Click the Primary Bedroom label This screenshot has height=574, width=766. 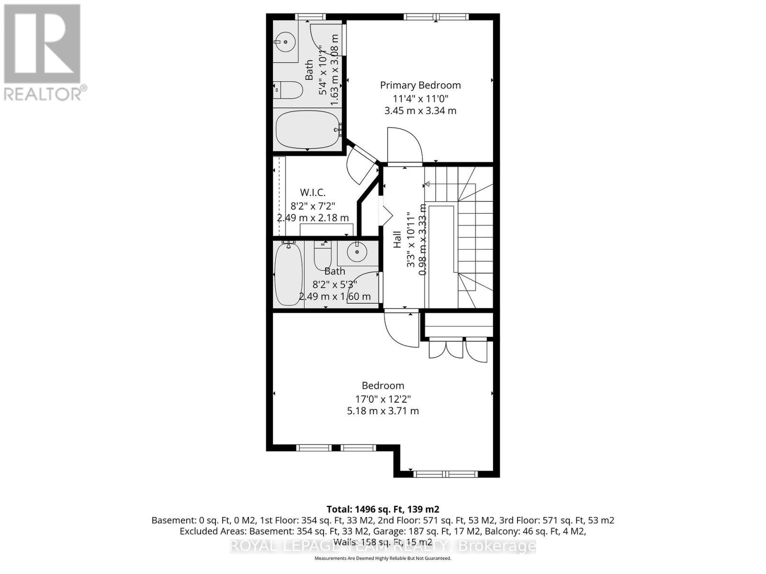420,85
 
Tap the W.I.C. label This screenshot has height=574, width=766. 313,193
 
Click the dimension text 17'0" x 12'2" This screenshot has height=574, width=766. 383,398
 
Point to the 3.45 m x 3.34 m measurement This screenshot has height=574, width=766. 420,110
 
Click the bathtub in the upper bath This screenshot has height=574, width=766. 308,129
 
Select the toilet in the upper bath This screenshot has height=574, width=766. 289,90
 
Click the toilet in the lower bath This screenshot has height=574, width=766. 323,256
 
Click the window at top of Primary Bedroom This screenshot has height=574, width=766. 436,17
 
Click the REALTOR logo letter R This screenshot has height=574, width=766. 42,44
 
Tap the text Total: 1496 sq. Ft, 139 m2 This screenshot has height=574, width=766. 383,509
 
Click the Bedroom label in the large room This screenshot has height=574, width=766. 383,386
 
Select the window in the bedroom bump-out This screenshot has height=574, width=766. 445,474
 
